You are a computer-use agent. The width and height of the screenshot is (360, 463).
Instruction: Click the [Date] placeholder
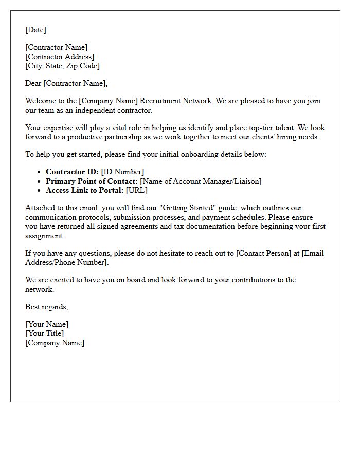tap(35, 30)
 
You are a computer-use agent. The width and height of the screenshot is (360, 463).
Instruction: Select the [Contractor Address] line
tap(60, 57)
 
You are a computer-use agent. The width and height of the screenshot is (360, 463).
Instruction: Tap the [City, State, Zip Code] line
tap(62, 66)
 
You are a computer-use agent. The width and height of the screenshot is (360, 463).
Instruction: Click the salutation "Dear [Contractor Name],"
tap(66, 83)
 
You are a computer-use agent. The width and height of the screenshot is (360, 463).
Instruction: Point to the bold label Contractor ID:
tap(72, 172)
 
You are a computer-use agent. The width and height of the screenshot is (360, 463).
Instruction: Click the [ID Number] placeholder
tap(122, 172)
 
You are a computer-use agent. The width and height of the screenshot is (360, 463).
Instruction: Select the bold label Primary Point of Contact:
tap(92, 181)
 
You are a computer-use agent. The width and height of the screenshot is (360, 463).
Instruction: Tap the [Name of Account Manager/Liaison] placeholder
tap(201, 181)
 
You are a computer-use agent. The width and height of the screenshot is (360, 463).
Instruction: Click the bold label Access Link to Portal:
tap(84, 190)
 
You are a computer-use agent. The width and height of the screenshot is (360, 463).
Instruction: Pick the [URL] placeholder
tap(136, 190)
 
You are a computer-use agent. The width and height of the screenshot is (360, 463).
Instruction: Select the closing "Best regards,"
tap(46, 307)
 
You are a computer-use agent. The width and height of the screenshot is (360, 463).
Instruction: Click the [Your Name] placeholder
tap(47, 324)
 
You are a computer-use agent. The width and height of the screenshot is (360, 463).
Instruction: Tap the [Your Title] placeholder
tap(44, 333)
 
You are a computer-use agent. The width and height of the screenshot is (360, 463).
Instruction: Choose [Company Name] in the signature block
tap(55, 343)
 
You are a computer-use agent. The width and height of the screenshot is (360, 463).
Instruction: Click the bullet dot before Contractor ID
tap(39, 172)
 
